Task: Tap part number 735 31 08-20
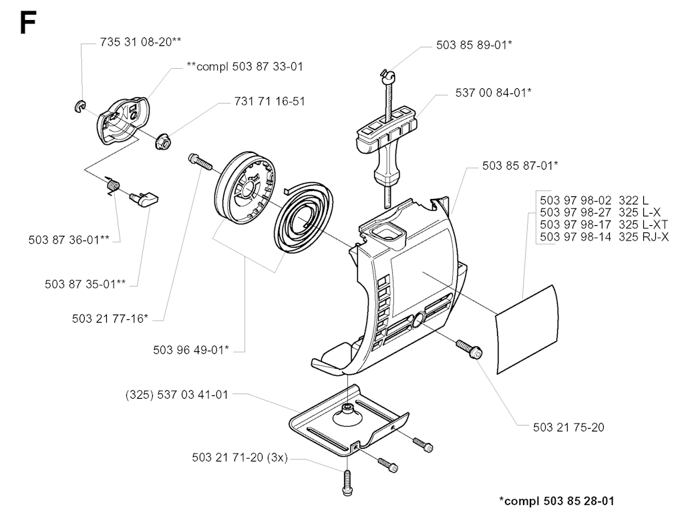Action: tap(136, 41)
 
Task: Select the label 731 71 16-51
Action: tap(270, 102)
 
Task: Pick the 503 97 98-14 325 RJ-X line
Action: tap(604, 237)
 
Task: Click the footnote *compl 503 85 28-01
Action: tap(556, 501)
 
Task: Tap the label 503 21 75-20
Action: tap(568, 427)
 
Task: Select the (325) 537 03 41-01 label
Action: tap(176, 395)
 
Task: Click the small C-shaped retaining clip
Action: tap(79, 108)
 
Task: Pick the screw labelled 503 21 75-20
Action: tap(470, 349)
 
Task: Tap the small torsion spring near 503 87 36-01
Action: tap(112, 186)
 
